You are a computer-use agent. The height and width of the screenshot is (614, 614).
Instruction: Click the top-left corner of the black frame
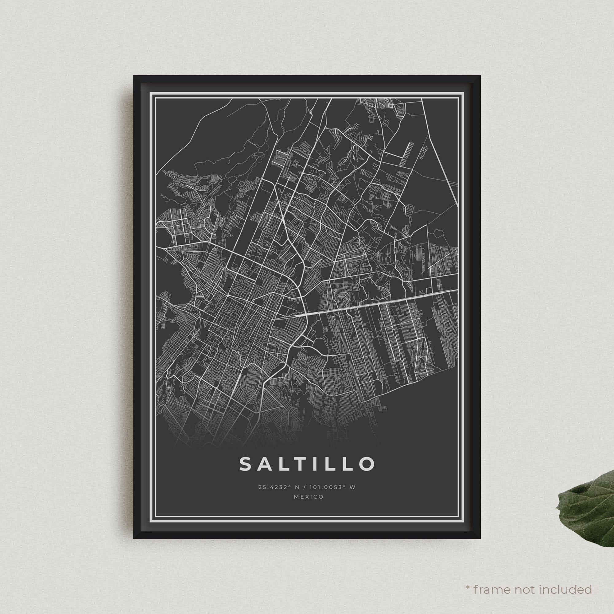click(134, 76)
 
